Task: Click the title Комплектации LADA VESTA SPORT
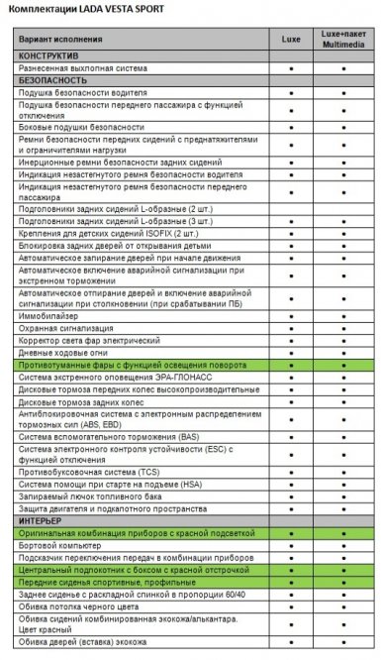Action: (77, 9)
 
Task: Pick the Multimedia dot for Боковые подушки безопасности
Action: (342, 127)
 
